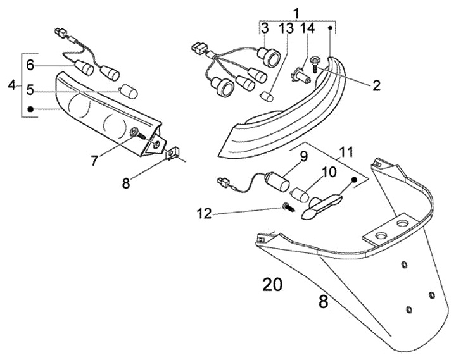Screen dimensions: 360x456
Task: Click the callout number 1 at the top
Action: pos(296,11)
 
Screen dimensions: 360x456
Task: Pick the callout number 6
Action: pos(30,65)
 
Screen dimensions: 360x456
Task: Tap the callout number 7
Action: pos(94,161)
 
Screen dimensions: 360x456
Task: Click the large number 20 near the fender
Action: pos(272,285)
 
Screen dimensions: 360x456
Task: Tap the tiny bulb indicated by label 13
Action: pos(267,96)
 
